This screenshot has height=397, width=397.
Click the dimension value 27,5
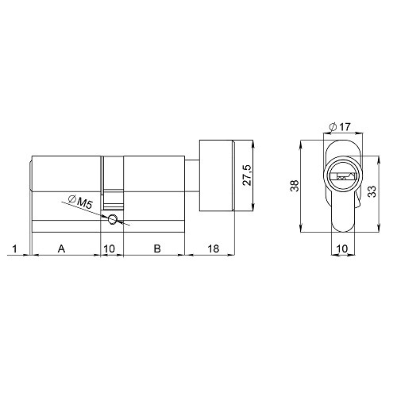click(246, 175)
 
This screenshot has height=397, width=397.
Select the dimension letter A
click(61, 249)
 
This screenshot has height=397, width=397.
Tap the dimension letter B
click(157, 249)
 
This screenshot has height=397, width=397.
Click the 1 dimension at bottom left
click(15, 249)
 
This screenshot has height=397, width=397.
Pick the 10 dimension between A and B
click(110, 249)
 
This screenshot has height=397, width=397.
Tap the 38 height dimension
click(294, 187)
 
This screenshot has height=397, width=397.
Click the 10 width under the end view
click(341, 249)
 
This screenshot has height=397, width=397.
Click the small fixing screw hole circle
click(114, 219)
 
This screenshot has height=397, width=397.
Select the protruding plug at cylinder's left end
click(31, 175)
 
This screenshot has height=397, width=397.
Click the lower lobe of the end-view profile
click(341, 214)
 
